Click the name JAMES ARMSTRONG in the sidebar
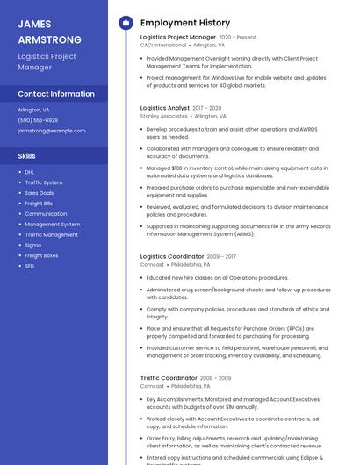(49, 32)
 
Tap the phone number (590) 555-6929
(38, 120)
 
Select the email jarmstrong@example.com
(51, 131)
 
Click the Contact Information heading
(56, 94)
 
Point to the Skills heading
(27, 156)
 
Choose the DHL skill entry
(30, 172)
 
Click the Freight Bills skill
(39, 204)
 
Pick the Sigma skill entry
(33, 245)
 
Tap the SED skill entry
(30, 266)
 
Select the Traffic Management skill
(51, 234)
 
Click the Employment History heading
(185, 23)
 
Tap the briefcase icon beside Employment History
(126, 23)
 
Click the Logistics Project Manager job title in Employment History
(178, 38)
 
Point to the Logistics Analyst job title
(165, 108)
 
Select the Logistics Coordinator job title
(172, 256)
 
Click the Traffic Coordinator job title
(169, 378)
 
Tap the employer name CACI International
(163, 46)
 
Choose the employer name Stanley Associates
(164, 116)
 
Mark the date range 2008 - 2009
(215, 378)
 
